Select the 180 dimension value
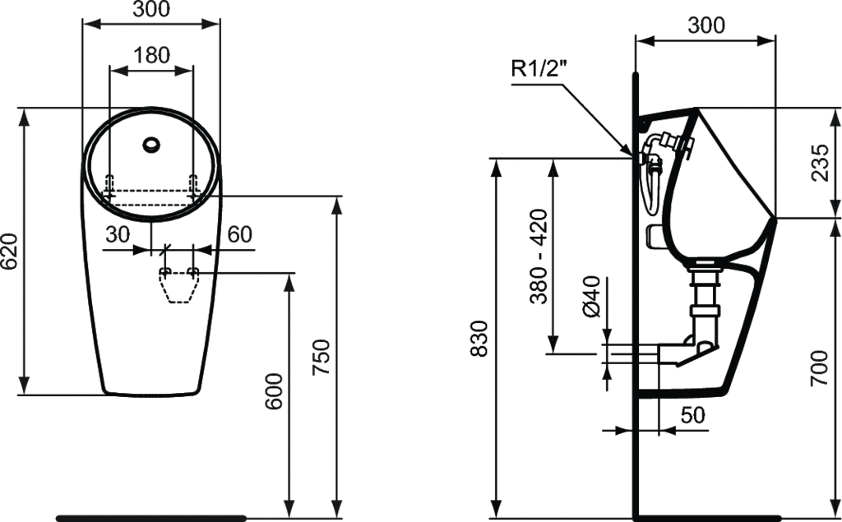151,55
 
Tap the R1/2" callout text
539,69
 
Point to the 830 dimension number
479,339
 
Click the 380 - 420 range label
539,256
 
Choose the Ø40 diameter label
590,296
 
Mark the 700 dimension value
820,368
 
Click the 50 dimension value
692,414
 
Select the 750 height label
322,358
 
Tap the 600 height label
274,391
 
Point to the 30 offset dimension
118,234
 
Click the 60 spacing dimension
239,234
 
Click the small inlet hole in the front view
151,144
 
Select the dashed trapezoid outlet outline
178,285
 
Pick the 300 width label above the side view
706,25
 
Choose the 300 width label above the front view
151,9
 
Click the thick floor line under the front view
151,518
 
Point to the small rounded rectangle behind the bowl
655,237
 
